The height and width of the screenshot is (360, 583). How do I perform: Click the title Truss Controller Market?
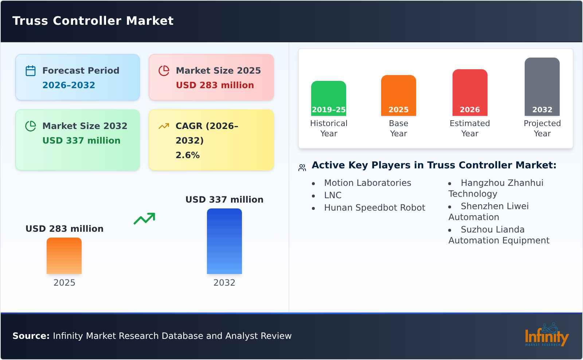[93, 21]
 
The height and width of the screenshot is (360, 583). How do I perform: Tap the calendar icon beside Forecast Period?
[31, 71]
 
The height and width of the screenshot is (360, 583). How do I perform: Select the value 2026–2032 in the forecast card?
[69, 85]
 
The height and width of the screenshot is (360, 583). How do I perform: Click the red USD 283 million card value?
[215, 85]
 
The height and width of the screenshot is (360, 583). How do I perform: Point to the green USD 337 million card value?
[81, 141]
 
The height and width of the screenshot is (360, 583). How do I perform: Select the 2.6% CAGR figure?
[187, 155]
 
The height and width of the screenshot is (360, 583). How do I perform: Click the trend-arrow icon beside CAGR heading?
[164, 126]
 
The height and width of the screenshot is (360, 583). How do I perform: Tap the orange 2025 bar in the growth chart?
[64, 256]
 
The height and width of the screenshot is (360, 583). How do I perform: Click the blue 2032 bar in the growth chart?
[224, 241]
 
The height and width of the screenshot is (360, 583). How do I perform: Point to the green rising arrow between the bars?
[144, 218]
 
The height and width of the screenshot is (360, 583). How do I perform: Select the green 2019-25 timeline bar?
[328, 98]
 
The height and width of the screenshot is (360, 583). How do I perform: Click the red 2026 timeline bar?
[470, 93]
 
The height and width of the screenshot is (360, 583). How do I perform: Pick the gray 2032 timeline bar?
[542, 87]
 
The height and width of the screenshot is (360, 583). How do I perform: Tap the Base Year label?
[398, 128]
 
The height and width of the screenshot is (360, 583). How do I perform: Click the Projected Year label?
[542, 128]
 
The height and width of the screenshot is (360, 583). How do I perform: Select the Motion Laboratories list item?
[367, 183]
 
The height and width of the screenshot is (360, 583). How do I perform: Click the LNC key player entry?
[333, 195]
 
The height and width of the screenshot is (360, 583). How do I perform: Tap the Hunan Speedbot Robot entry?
[374, 208]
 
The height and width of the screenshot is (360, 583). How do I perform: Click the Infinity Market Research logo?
[546, 335]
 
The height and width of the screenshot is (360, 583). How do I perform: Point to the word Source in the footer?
[31, 336]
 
